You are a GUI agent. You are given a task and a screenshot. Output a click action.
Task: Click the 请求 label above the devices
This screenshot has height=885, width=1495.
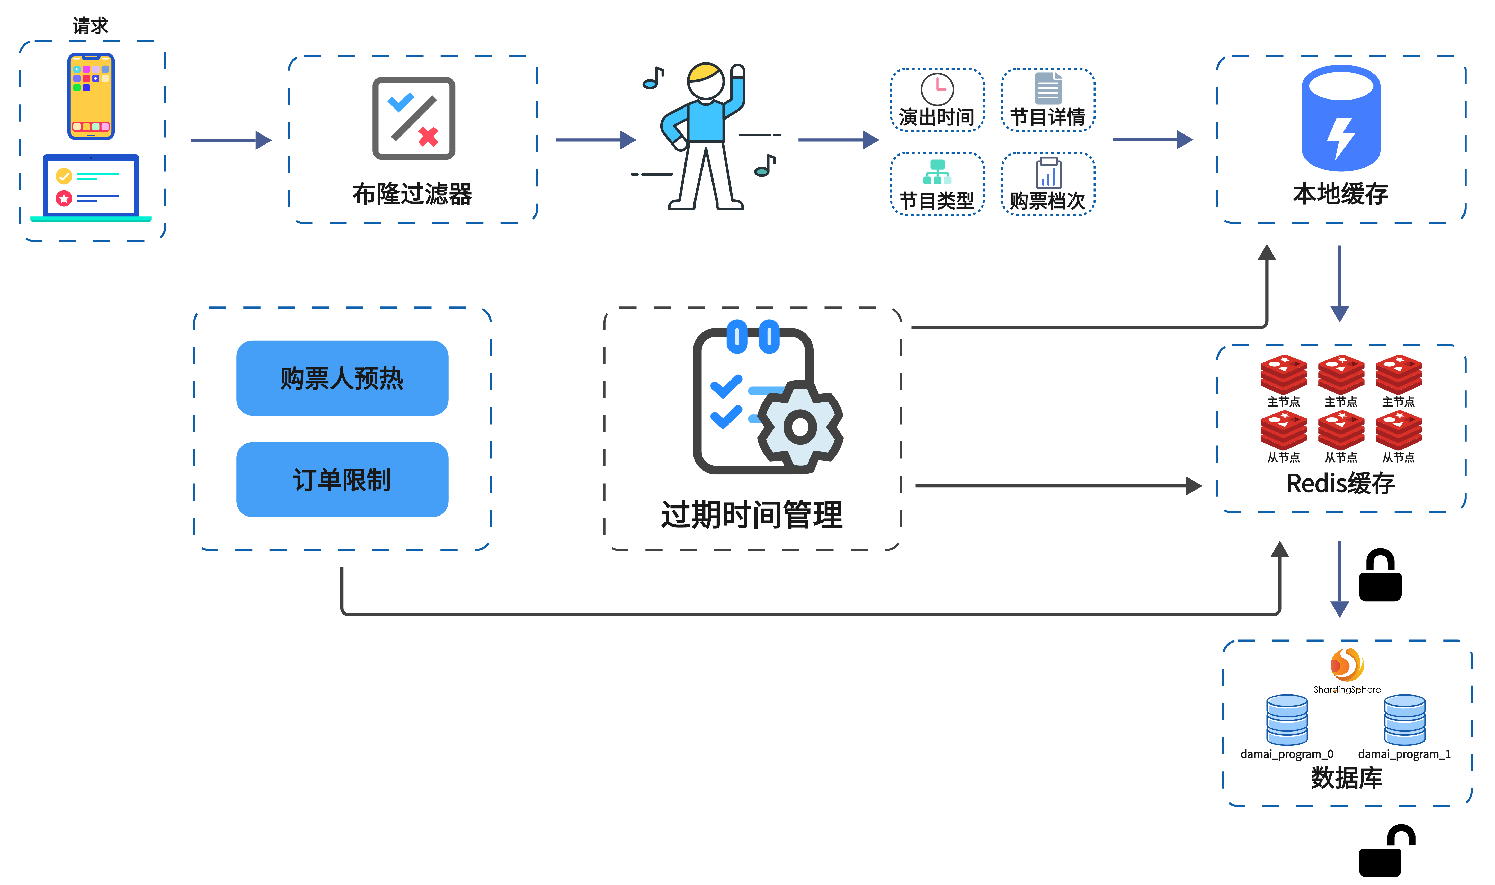tap(91, 26)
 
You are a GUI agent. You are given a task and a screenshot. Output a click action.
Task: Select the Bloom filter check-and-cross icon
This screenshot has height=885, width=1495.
tap(413, 118)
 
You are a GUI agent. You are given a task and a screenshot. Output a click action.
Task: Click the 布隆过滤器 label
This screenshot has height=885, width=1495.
tap(412, 194)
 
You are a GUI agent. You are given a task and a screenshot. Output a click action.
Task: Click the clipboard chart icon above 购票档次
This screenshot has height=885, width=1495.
tap(1048, 173)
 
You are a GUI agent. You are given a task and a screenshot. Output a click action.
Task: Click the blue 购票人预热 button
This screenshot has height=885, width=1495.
tap(342, 378)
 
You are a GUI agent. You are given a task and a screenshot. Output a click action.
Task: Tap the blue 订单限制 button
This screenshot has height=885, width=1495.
tap(342, 480)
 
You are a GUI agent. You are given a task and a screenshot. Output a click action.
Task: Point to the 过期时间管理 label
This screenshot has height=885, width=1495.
tap(752, 515)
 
